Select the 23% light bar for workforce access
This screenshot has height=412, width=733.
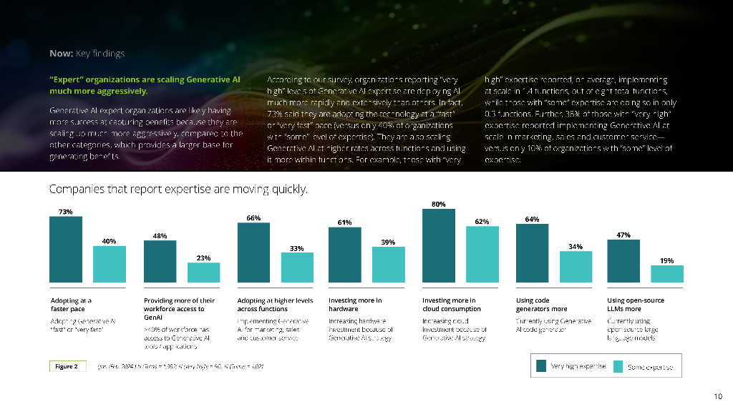tap(204, 272)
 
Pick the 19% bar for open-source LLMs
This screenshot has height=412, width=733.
tap(666, 273)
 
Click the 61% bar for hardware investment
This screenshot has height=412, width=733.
tap(345, 255)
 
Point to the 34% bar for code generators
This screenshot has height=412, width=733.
tap(576, 266)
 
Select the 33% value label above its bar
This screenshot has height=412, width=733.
tap(296, 248)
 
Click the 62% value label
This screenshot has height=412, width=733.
tap(482, 222)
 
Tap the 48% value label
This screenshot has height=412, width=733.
tap(160, 235)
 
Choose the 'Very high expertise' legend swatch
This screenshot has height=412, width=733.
tap(542, 366)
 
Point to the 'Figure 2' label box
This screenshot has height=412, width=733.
tap(67, 366)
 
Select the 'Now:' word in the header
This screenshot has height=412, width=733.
tap(60, 54)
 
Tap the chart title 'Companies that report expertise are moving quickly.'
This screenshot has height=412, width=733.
tap(178, 190)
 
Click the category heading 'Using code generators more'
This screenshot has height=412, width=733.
tap(542, 305)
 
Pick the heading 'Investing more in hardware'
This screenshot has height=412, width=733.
tap(355, 305)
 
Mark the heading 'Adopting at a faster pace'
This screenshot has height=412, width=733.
tap(71, 305)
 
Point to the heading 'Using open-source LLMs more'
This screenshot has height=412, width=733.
tap(636, 305)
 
